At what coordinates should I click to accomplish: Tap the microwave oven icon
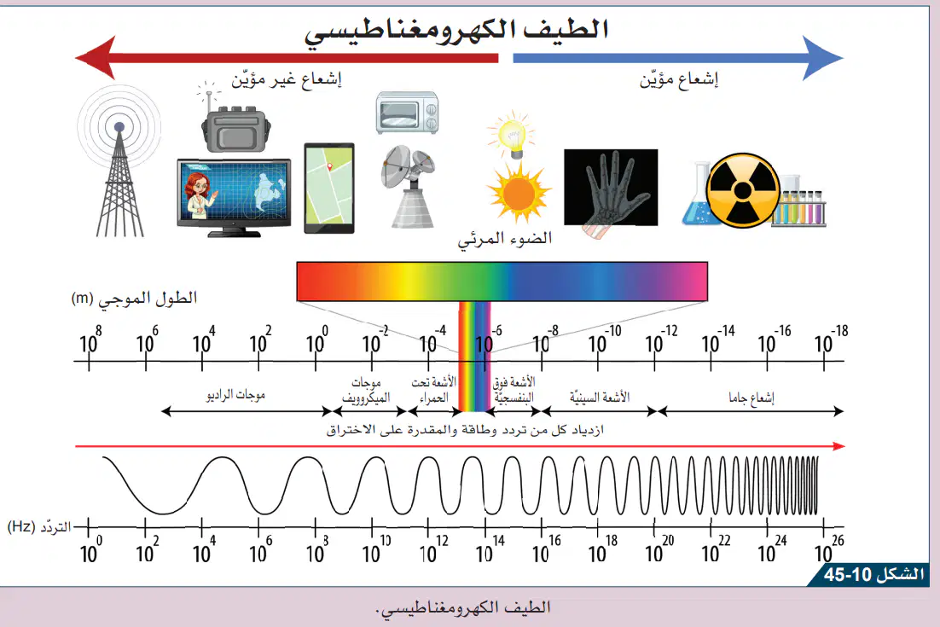click(x=407, y=113)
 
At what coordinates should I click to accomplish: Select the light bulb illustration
click(x=511, y=135)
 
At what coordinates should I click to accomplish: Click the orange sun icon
click(x=519, y=193)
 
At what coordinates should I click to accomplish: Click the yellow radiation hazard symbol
click(x=743, y=190)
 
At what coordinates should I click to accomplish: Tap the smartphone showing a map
click(x=329, y=189)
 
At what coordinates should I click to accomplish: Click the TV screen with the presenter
click(x=234, y=196)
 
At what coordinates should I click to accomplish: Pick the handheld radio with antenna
click(x=235, y=120)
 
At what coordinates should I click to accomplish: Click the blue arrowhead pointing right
click(x=823, y=57)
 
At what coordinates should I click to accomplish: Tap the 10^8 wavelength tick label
click(x=90, y=340)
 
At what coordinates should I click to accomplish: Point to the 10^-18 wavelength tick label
click(x=832, y=340)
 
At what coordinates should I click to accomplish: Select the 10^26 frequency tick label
click(x=829, y=549)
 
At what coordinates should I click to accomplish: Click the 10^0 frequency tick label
click(x=91, y=549)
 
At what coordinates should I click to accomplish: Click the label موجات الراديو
click(x=235, y=395)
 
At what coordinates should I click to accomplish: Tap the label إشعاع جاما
click(x=751, y=398)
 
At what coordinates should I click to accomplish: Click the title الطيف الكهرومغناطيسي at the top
click(x=456, y=30)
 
